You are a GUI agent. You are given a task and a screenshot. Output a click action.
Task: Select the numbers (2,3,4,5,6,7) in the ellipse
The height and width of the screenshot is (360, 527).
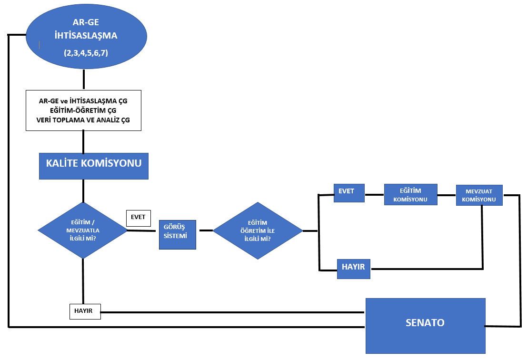coord(86,53)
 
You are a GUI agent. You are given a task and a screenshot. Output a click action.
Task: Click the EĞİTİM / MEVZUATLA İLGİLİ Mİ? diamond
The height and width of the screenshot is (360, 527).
coord(83,230)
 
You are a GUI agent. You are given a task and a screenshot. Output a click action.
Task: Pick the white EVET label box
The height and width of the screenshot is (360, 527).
coord(138,218)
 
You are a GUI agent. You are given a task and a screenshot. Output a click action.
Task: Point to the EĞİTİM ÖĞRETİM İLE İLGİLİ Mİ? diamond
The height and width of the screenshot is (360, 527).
coord(258,230)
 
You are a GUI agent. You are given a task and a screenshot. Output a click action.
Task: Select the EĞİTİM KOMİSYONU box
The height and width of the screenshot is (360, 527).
coord(410,194)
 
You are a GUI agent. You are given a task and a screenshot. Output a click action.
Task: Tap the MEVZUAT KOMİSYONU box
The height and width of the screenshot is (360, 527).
coord(479,195)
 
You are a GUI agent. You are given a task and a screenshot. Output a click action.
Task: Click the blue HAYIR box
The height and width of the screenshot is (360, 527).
coord(353,268)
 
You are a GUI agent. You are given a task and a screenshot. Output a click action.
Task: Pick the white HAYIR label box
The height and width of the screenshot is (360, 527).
coord(85,311)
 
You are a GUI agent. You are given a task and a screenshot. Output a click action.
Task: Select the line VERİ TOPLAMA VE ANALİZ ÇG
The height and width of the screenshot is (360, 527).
coord(83,120)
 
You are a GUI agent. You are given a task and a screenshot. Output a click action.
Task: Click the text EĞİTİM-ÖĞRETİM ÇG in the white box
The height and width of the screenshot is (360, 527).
coord(83,110)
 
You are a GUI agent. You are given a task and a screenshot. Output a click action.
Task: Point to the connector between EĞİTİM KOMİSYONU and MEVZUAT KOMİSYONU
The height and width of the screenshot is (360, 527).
coord(447,195)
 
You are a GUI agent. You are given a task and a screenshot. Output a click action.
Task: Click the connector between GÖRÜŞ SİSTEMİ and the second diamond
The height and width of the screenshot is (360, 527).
coord(205,230)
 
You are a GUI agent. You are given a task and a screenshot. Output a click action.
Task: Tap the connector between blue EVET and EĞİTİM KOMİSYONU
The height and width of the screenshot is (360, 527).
coord(375,194)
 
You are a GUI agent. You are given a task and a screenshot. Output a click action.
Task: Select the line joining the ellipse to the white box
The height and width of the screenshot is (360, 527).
coord(84,80)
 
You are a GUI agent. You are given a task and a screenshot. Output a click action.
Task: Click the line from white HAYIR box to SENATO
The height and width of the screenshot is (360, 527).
coord(233,312)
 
